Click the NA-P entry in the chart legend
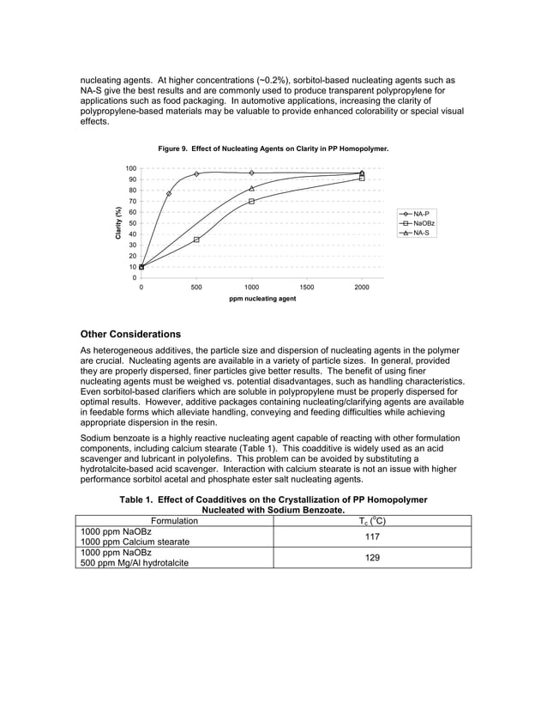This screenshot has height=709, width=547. tap(420, 213)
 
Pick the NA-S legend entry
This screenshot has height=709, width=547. tap(420, 233)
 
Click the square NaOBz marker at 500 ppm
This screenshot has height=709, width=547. tap(196, 239)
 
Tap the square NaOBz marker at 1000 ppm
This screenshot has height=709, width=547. tap(251, 202)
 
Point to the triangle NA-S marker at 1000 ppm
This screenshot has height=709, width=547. tap(251, 188)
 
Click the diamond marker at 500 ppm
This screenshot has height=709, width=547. tap(196, 174)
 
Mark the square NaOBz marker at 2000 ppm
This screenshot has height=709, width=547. tap(362, 179)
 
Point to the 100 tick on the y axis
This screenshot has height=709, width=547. tap(129, 168)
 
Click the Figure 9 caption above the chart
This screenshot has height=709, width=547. tap(273, 149)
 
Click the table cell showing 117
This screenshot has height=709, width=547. tap(372, 536)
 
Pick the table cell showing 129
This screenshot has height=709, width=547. tap(372, 558)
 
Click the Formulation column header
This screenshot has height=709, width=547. tap(174, 520)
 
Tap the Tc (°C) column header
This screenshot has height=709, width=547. tap(372, 520)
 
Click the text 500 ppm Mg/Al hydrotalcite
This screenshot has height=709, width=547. tap(134, 563)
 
